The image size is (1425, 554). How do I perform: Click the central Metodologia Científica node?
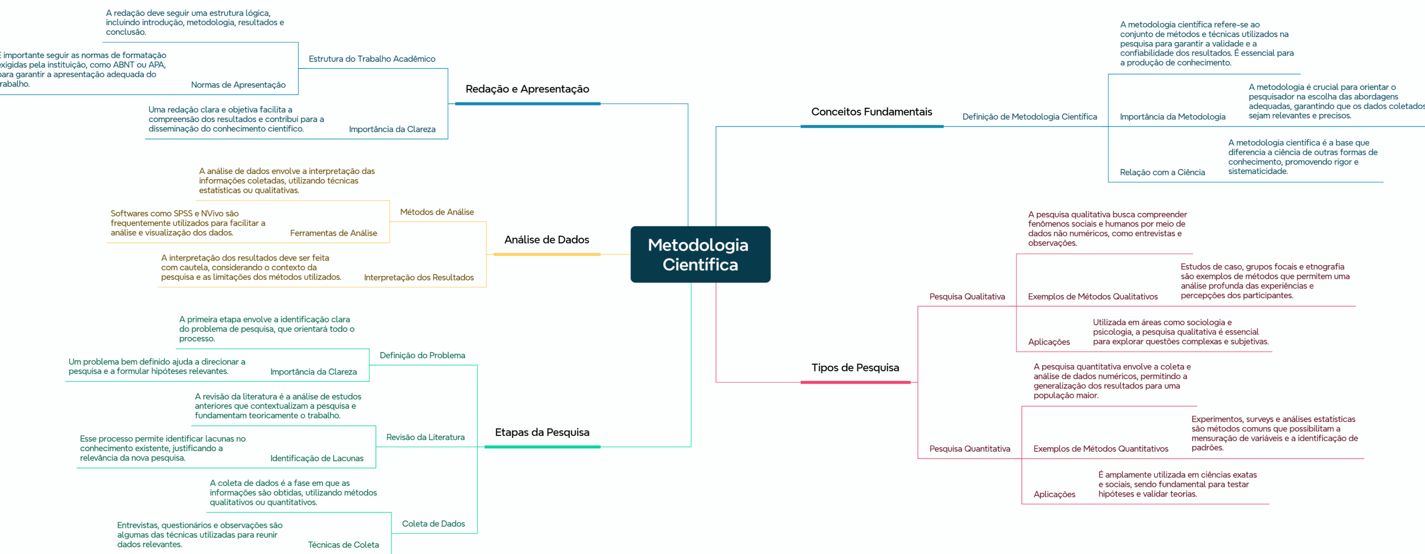(700, 254)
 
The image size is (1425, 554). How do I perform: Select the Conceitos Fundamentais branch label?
(871, 112)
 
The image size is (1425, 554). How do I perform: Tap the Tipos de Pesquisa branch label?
(855, 368)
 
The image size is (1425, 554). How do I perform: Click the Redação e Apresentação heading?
(527, 89)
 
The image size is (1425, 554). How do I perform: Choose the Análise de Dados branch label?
(546, 239)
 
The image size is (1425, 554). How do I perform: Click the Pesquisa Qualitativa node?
(967, 297)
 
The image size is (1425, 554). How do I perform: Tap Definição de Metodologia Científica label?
(1029, 117)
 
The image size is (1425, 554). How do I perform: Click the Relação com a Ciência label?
(1162, 172)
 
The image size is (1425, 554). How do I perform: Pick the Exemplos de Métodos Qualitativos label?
(1093, 297)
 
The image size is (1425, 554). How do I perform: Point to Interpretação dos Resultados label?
(419, 278)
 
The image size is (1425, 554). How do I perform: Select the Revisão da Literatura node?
(425, 437)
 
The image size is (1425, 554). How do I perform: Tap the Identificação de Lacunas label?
(317, 458)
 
